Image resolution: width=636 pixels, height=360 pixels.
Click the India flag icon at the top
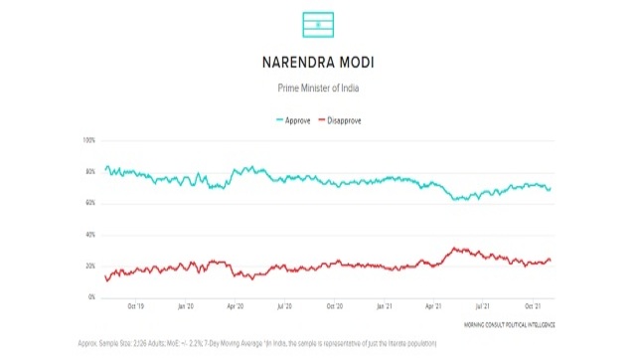318,24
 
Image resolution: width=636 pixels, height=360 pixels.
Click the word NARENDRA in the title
289,64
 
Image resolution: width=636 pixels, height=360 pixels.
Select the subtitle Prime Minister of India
318,89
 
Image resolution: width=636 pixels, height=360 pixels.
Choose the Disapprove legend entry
339,119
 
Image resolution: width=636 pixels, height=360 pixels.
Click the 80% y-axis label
89,171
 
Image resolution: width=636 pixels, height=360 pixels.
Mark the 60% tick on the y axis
89,203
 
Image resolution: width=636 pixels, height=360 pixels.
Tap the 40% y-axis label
89,235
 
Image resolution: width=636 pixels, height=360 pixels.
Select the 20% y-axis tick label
89,267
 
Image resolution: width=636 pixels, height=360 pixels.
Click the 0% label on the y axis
91,297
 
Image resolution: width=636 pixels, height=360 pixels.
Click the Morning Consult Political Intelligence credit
508,325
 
